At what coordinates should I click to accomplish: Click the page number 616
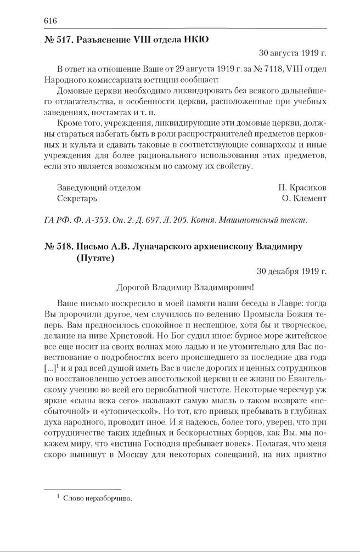point(50,21)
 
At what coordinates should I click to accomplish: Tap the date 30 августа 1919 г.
point(292,53)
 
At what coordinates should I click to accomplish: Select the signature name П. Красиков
point(302,188)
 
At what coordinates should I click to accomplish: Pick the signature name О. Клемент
point(304,198)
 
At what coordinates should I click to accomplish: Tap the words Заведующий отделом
point(99,188)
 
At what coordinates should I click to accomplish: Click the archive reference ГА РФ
point(57,220)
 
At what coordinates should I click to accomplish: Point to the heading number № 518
point(58,246)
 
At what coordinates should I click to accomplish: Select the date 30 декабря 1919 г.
point(291,271)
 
